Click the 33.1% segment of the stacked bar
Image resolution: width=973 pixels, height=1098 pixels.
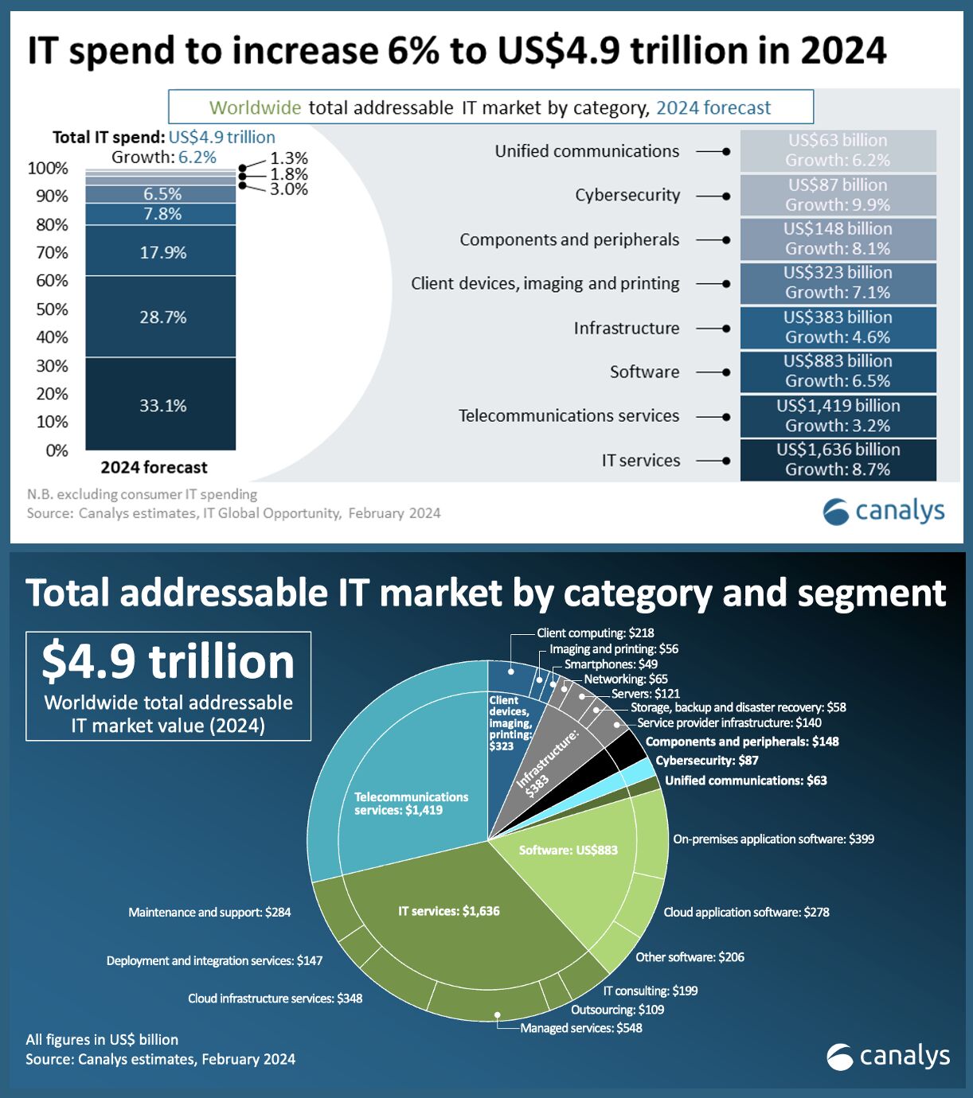162,405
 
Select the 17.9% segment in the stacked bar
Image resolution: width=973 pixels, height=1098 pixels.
162,252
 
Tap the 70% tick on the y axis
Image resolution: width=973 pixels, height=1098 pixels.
52,252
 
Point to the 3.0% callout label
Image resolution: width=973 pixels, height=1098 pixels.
288,189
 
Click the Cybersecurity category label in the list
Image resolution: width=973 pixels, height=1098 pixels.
627,195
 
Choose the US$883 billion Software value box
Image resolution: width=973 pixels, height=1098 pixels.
838,371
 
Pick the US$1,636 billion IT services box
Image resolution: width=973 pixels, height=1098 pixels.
838,459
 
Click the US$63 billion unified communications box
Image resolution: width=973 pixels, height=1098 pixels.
838,150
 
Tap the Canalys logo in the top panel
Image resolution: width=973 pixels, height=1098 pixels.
884,511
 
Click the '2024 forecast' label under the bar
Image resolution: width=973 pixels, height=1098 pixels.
154,467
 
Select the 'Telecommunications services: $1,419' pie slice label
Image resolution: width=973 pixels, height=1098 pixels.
411,803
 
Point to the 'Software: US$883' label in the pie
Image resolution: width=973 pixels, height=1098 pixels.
568,850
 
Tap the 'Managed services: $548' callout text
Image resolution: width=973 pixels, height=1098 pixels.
581,1028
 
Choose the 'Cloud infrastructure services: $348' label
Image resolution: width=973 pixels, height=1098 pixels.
275,998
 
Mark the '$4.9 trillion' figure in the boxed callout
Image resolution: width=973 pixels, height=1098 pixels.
168,661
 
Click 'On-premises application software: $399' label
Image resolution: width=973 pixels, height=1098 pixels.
773,839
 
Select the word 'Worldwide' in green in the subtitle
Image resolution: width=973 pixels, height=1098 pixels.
255,107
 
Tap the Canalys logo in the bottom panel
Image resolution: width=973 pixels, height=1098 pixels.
888,1057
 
